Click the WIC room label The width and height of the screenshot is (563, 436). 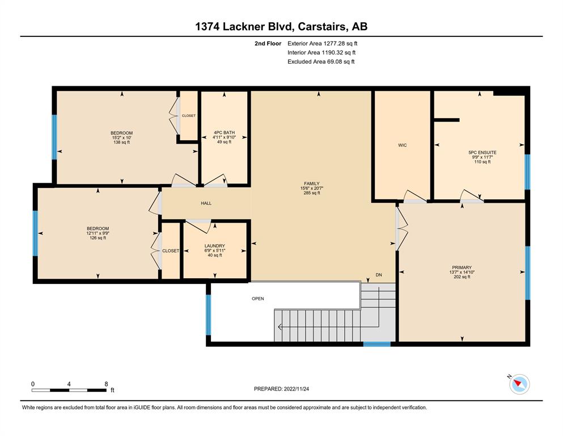point(402,145)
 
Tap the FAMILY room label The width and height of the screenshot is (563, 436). point(311,183)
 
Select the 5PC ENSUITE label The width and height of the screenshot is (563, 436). point(482,152)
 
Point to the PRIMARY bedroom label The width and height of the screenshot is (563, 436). point(462,267)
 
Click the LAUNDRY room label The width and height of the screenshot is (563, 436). point(215,246)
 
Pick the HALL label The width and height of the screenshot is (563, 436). point(206,203)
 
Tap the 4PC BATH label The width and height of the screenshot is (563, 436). point(224,133)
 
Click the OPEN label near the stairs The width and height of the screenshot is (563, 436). point(258,299)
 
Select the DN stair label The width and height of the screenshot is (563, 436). point(379,275)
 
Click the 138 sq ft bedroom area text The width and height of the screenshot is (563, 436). point(121,142)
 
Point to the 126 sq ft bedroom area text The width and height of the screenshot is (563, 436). point(98,238)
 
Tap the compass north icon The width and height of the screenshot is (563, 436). point(519,384)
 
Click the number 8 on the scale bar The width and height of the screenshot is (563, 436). point(106,384)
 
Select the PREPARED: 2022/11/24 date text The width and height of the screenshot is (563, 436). point(281,389)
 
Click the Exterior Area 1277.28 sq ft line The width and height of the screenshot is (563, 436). point(323,44)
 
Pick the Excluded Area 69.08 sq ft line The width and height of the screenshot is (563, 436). point(321,61)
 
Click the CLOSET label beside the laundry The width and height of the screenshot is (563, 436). point(171,251)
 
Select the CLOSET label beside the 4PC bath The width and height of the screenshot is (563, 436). point(188,116)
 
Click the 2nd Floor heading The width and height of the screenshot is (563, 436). point(268,44)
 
